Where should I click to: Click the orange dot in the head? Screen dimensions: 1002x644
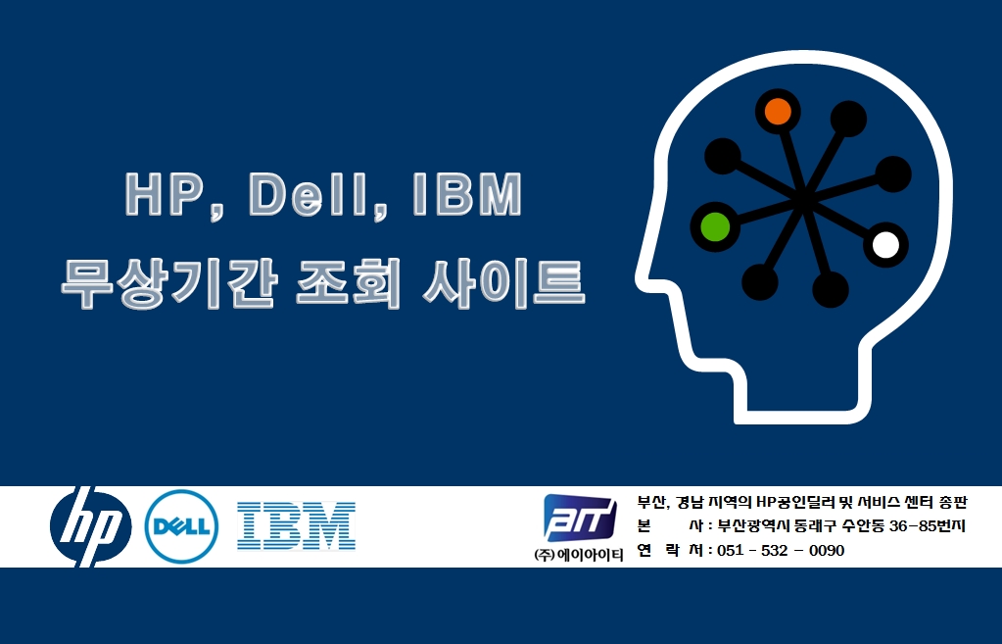(x=778, y=112)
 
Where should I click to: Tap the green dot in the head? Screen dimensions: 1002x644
(x=715, y=226)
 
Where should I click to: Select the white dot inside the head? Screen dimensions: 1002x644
(x=885, y=244)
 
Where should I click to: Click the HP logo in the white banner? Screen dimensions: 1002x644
(x=91, y=526)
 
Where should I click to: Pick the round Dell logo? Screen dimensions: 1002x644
(x=181, y=526)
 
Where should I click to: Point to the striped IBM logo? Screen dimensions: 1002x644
(x=296, y=525)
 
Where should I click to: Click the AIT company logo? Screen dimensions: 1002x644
(x=580, y=518)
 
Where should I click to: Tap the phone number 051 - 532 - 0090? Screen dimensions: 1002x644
(x=781, y=550)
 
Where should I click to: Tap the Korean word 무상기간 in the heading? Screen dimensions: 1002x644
(x=168, y=283)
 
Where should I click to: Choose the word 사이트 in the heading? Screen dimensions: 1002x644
(x=503, y=283)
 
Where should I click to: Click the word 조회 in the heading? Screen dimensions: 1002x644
(x=349, y=283)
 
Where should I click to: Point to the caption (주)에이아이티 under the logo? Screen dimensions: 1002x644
(x=578, y=555)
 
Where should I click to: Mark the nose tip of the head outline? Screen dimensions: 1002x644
(x=639, y=276)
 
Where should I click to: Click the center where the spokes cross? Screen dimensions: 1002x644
(x=803, y=198)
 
